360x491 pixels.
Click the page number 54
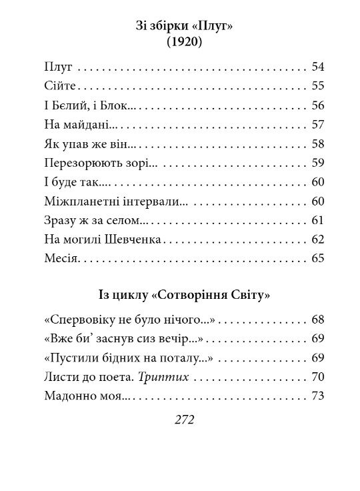click(x=317, y=67)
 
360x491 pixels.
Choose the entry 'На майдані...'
click(x=78, y=125)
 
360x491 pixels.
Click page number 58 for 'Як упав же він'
click(x=317, y=144)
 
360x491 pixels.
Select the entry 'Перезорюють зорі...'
click(x=99, y=163)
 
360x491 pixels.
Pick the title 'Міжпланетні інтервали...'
click(x=115, y=201)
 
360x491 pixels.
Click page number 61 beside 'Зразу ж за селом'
click(x=317, y=221)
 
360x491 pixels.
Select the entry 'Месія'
click(x=60, y=259)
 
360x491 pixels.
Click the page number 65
click(x=317, y=259)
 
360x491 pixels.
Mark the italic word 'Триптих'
click(x=163, y=378)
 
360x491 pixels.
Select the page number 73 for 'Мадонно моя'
click(x=317, y=397)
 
